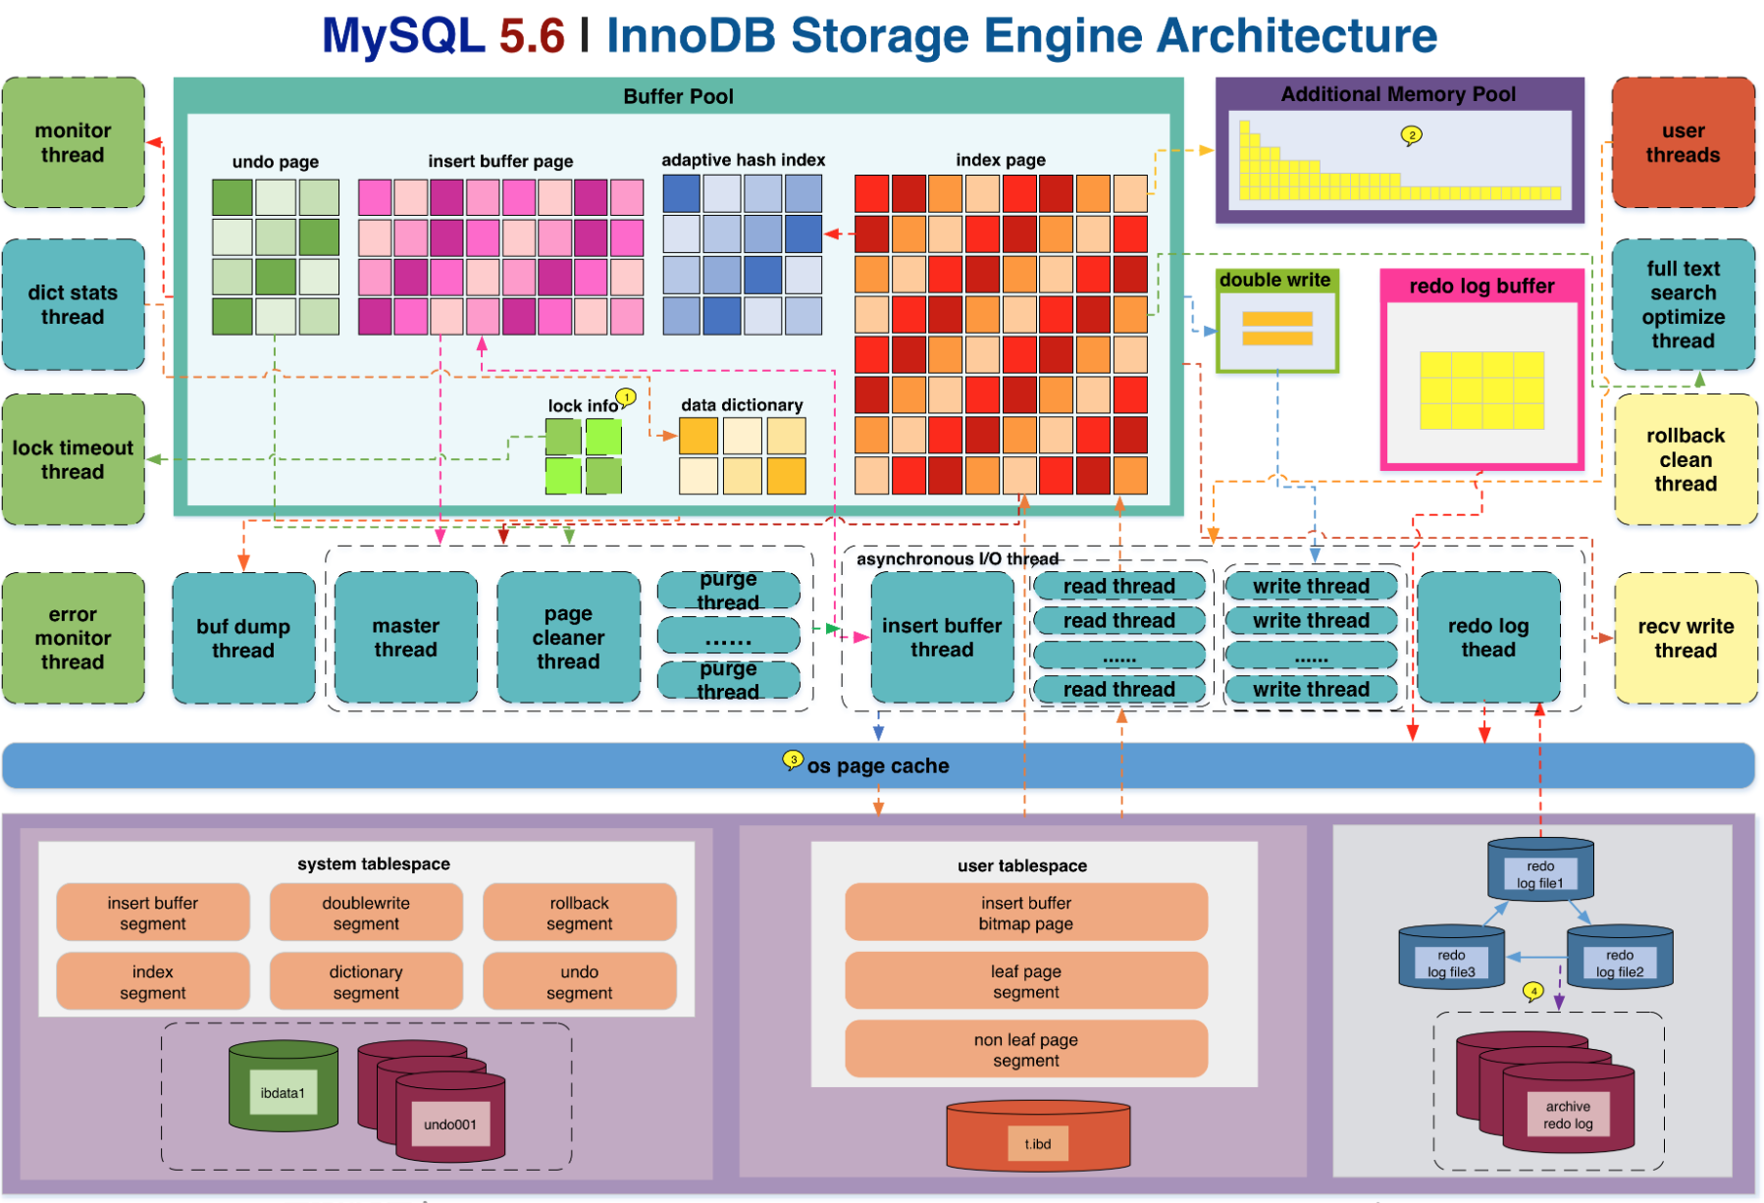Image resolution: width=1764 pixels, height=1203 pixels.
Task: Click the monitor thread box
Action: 74,143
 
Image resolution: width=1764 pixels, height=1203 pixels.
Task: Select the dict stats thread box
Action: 74,304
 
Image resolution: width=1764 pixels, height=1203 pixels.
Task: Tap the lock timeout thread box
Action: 74,459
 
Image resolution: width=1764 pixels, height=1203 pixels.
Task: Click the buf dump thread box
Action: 243,638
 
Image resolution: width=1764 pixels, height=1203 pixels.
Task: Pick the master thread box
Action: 406,638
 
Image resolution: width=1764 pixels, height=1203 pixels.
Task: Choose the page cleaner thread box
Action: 568,638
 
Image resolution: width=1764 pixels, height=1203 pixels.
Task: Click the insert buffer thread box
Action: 942,638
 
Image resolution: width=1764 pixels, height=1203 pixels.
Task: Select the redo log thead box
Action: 1488,638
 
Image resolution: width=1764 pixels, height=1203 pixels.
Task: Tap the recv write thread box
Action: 1686,638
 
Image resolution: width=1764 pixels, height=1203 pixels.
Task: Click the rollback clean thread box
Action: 1686,459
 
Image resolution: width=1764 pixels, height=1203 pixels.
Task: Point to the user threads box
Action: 1683,143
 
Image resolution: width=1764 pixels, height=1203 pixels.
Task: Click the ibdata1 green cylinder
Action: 284,1087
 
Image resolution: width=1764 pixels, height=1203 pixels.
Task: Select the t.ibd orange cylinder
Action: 1038,1138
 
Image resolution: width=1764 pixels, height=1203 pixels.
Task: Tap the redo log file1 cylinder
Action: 1540,868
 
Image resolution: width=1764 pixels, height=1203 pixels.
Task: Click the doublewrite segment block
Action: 366,913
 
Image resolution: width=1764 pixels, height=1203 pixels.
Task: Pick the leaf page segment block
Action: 1026,981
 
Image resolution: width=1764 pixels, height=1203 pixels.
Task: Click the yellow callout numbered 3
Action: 793,759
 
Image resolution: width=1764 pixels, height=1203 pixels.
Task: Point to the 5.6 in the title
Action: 532,36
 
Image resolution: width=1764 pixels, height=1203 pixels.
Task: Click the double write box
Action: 1277,322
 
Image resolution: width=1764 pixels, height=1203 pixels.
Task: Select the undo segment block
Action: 579,981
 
